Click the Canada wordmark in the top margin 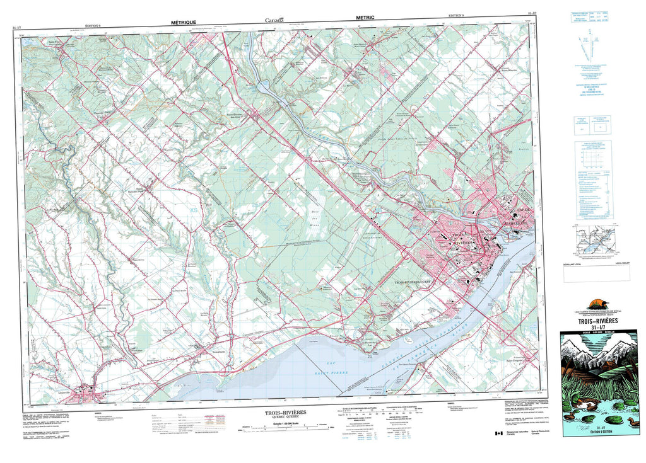click(274, 20)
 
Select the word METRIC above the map click(366, 20)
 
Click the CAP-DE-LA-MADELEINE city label click(517, 216)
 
